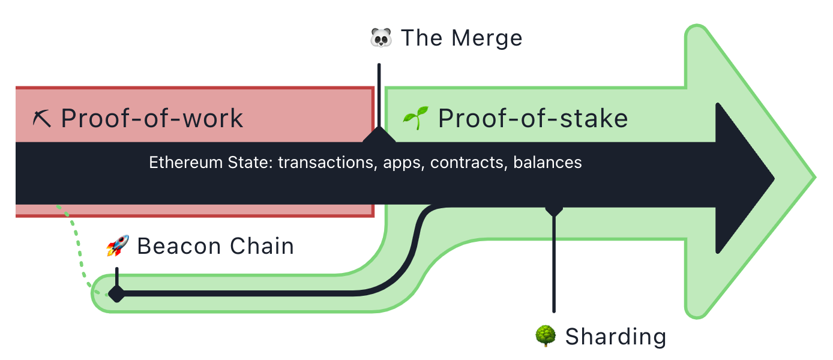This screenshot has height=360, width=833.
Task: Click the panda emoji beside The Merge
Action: [381, 38]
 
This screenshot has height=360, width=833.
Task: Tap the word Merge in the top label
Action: [487, 38]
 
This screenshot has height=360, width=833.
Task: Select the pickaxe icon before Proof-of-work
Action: [41, 119]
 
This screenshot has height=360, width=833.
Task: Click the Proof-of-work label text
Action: [152, 119]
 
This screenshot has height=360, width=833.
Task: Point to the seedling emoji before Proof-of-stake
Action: [416, 118]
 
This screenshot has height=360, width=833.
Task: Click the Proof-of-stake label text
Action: [534, 119]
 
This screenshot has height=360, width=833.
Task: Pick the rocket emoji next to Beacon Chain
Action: [118, 245]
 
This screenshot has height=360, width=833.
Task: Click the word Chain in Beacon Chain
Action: [262, 246]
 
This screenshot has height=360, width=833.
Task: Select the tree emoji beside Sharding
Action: [546, 336]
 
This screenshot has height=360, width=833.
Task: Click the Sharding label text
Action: [616, 337]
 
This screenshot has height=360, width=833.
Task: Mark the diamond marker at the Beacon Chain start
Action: [117, 294]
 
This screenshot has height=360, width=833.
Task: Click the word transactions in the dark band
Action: [326, 163]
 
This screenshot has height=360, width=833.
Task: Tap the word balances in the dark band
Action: [547, 163]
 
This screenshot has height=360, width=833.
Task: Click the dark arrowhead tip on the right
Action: [774, 179]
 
